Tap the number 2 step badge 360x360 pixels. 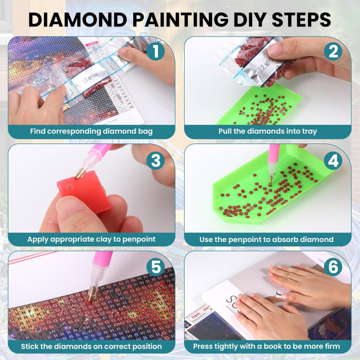(x=333, y=51)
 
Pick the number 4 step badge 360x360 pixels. (x=333, y=160)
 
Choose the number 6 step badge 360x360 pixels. (x=333, y=267)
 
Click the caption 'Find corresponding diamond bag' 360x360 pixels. (x=91, y=131)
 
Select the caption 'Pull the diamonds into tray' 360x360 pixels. (x=267, y=131)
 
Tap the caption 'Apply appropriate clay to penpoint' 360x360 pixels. (x=91, y=239)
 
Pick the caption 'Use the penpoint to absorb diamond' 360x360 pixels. (x=267, y=239)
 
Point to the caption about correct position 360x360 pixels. (x=91, y=346)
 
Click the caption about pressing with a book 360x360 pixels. (x=267, y=346)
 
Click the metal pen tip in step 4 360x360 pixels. (x=270, y=179)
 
